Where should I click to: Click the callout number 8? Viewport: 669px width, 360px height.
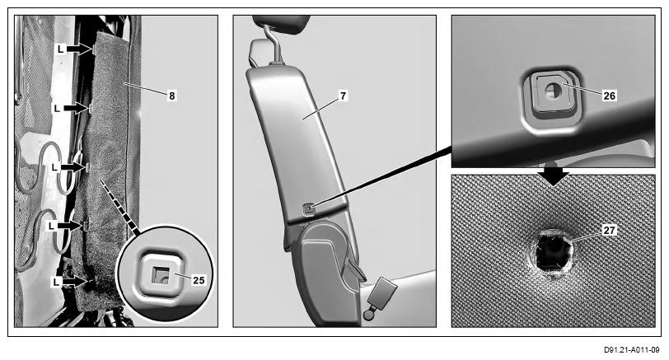172,96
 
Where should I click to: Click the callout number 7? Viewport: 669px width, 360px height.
344,96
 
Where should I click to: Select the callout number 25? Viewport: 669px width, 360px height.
199,280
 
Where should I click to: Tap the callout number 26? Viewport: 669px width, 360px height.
610,96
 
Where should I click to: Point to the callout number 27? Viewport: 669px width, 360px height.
610,231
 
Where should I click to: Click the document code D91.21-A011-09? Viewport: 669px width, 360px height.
631,350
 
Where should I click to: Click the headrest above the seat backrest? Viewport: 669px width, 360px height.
281,23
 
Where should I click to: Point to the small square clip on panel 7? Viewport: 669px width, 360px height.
308,208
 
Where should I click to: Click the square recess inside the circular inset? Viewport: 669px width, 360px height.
161,275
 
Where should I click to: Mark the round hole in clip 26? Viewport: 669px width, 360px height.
553,90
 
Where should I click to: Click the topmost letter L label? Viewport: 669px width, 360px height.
61,49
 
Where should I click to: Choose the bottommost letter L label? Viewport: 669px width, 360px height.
56,282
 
